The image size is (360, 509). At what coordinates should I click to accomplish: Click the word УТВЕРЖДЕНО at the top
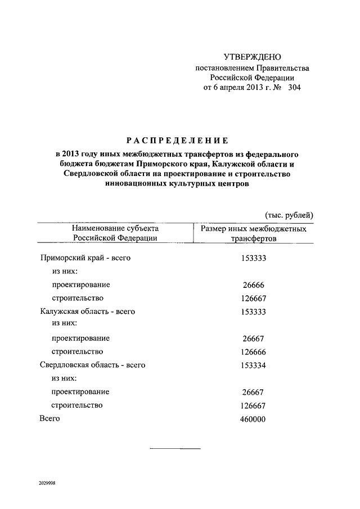pyautogui.click(x=252, y=57)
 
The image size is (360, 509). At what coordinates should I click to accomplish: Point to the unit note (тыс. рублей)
pyautogui.click(x=289, y=215)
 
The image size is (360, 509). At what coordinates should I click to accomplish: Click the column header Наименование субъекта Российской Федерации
pyautogui.click(x=115, y=233)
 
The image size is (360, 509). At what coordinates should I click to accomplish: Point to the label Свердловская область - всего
pyautogui.click(x=93, y=364)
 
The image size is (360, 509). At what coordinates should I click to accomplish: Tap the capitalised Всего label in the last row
pyautogui.click(x=49, y=418)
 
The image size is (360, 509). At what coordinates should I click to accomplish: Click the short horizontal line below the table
pyautogui.click(x=175, y=448)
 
